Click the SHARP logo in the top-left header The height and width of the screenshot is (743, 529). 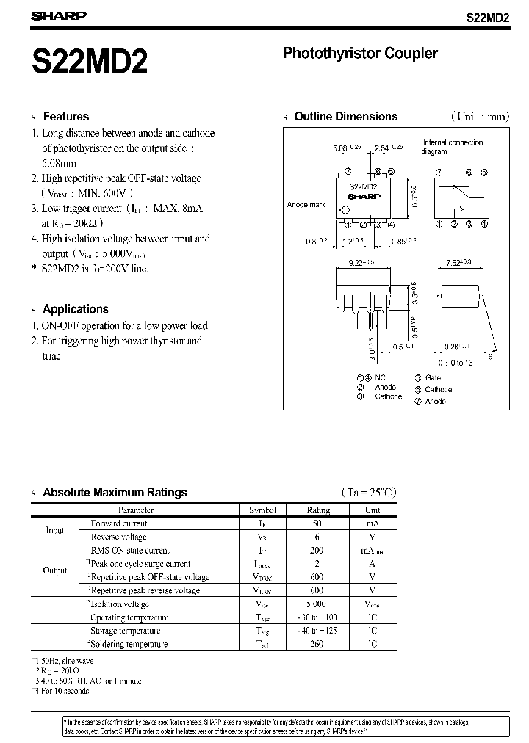pos(59,15)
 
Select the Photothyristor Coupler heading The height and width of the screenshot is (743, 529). pos(360,54)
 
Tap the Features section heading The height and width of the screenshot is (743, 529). pos(65,116)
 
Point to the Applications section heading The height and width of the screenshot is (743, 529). pos(75,309)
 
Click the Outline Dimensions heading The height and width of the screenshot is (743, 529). pos(345,116)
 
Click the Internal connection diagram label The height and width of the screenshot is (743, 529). pos(453,147)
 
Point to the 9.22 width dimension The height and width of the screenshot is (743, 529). pos(359,261)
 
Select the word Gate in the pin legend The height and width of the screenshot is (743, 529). pos(433,377)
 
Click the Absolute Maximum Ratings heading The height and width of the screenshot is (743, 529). pos(115,493)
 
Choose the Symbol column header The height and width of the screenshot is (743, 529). pos(262,510)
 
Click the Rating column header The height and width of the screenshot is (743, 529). pos(318,510)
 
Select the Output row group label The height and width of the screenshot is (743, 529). pos(55,570)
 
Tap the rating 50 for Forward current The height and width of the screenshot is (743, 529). pos(317,523)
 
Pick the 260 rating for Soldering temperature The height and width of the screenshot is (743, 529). pos(317,644)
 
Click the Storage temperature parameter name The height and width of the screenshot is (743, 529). pos(125,631)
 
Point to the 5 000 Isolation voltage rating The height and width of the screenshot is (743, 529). pos(317,604)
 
